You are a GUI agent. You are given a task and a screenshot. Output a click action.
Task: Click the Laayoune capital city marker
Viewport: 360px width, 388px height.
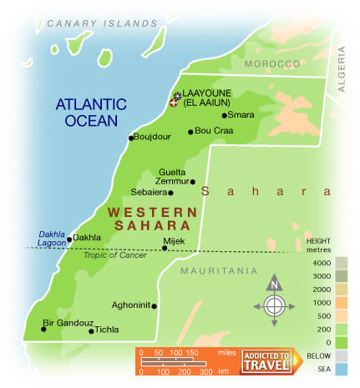click(x=175, y=98)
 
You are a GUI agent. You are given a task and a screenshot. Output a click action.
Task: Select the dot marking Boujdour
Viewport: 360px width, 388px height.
click(x=131, y=139)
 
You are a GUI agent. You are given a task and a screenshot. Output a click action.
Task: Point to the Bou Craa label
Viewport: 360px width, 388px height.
click(x=213, y=131)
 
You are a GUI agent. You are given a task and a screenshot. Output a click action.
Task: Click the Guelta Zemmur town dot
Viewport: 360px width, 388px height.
click(x=193, y=181)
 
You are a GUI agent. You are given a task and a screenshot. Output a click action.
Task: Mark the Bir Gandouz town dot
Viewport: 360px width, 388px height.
click(x=43, y=329)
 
